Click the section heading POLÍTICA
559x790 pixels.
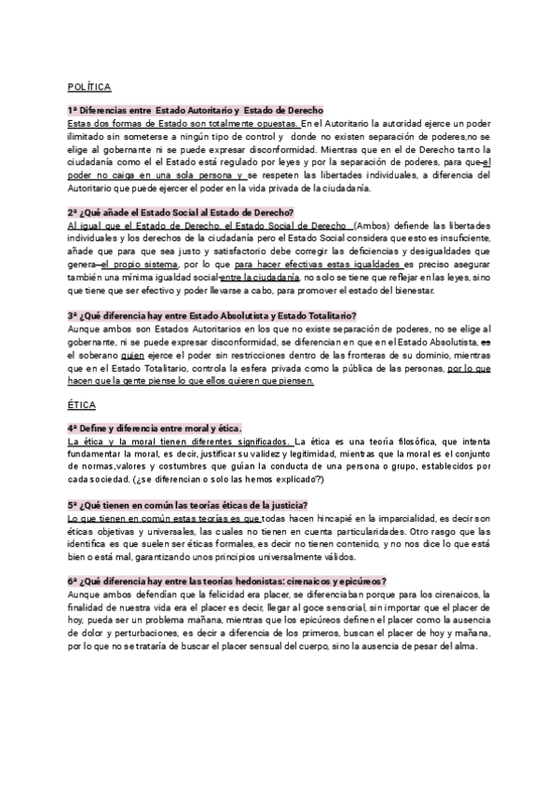89,87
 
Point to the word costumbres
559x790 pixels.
219,467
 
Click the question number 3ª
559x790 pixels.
74,314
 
